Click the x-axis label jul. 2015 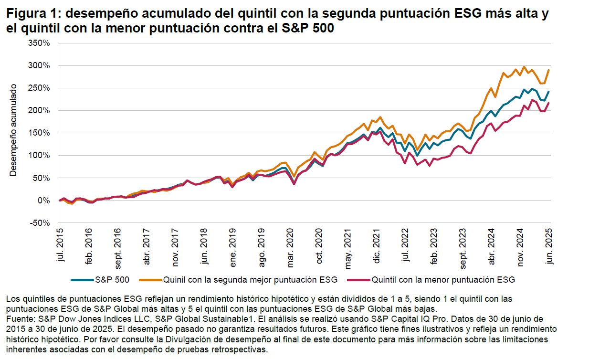pyautogui.click(x=61, y=245)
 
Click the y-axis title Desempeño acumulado pyautogui.click(x=13, y=130)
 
